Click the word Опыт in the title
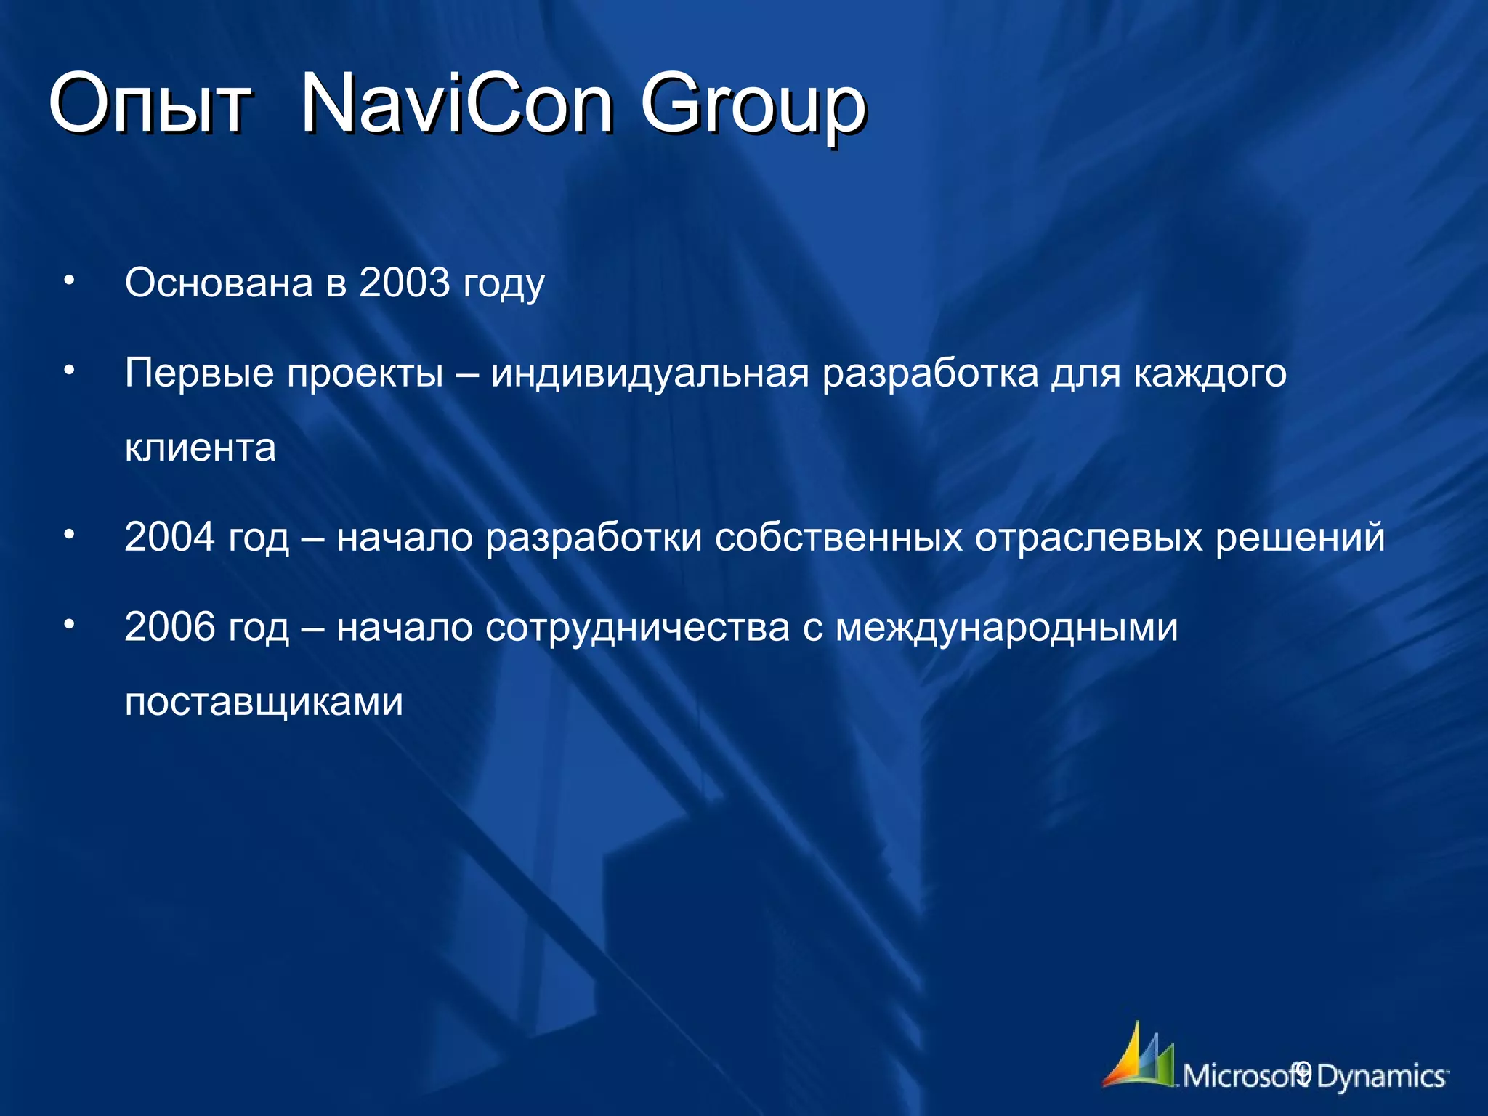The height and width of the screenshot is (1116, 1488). [x=150, y=104]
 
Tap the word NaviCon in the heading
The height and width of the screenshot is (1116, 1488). [x=457, y=104]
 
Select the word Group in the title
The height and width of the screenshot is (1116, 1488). [x=753, y=107]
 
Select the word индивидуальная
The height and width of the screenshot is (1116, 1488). [x=650, y=374]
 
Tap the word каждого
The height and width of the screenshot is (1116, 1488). [x=1210, y=374]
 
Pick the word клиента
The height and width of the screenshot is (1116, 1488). [x=201, y=448]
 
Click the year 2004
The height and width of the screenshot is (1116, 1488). [x=170, y=537]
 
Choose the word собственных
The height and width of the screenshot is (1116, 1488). [x=838, y=538]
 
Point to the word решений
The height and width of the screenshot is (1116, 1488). [x=1300, y=538]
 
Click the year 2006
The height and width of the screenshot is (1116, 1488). [x=170, y=626]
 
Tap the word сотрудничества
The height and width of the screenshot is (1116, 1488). [x=637, y=628]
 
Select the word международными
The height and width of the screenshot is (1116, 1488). [x=1006, y=628]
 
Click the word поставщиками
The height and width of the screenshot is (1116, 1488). [x=264, y=703]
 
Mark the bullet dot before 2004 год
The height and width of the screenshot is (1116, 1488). [x=69, y=535]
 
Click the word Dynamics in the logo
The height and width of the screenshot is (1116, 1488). [x=1380, y=1076]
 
